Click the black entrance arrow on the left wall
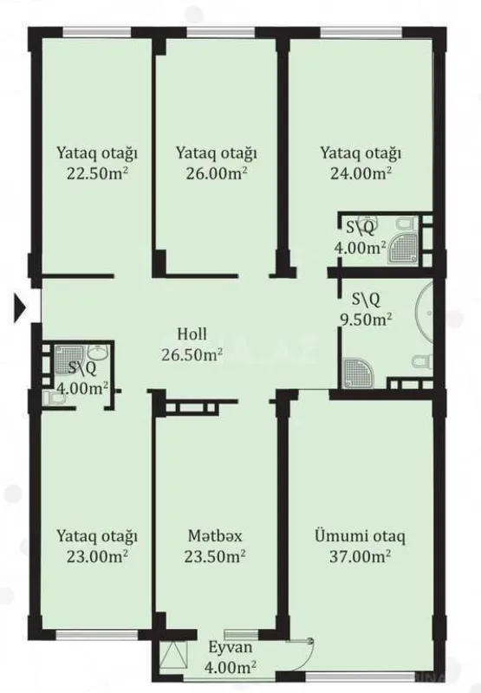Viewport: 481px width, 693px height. pos(22,307)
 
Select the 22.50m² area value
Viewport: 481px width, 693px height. pos(97,172)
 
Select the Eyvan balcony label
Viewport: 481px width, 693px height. pos(230,647)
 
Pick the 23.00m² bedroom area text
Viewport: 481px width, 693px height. pos(97,555)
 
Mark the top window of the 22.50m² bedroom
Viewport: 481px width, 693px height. pos(94,34)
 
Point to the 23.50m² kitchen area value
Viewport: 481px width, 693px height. pos(215,555)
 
